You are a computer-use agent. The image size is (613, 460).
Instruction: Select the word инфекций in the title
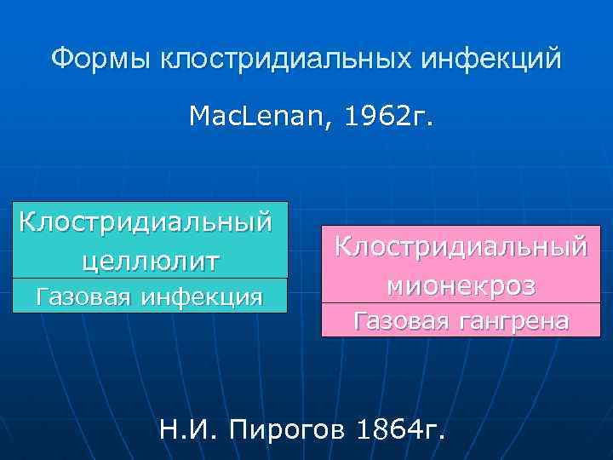click(490, 59)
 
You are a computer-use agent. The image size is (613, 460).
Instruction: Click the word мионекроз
click(461, 285)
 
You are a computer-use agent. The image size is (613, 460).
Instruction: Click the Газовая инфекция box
click(146, 296)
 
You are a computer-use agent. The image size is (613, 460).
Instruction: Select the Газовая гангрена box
click(461, 321)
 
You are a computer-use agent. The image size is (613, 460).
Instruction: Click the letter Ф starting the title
click(60, 59)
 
